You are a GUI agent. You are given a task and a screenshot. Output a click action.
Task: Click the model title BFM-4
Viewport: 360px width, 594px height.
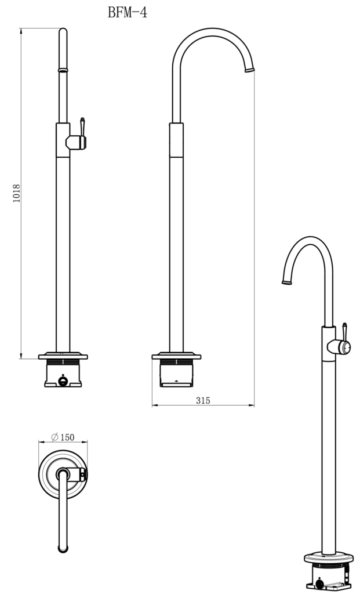(128, 12)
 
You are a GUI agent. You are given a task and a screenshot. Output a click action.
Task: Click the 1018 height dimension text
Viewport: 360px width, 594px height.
(16, 194)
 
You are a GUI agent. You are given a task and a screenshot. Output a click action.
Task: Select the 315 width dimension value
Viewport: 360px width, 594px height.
(203, 400)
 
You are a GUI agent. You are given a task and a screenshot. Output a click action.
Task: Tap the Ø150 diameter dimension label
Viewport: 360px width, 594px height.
(63, 437)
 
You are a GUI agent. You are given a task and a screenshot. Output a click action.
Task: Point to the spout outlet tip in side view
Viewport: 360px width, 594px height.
(250, 70)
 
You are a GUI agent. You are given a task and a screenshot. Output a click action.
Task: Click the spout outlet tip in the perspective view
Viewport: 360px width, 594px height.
(286, 282)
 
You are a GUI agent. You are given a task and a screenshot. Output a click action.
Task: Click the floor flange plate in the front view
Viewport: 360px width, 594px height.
(63, 356)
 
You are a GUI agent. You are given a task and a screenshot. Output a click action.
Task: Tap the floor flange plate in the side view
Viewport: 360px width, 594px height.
(176, 356)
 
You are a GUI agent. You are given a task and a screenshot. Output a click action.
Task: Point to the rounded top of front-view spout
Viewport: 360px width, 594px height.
(63, 33)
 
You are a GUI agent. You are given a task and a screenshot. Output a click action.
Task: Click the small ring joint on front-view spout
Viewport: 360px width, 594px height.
(63, 70)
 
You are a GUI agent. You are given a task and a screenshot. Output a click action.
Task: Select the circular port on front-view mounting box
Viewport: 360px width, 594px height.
(63, 382)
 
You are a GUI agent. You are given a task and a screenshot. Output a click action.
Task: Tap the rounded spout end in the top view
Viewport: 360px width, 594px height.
(63, 547)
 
